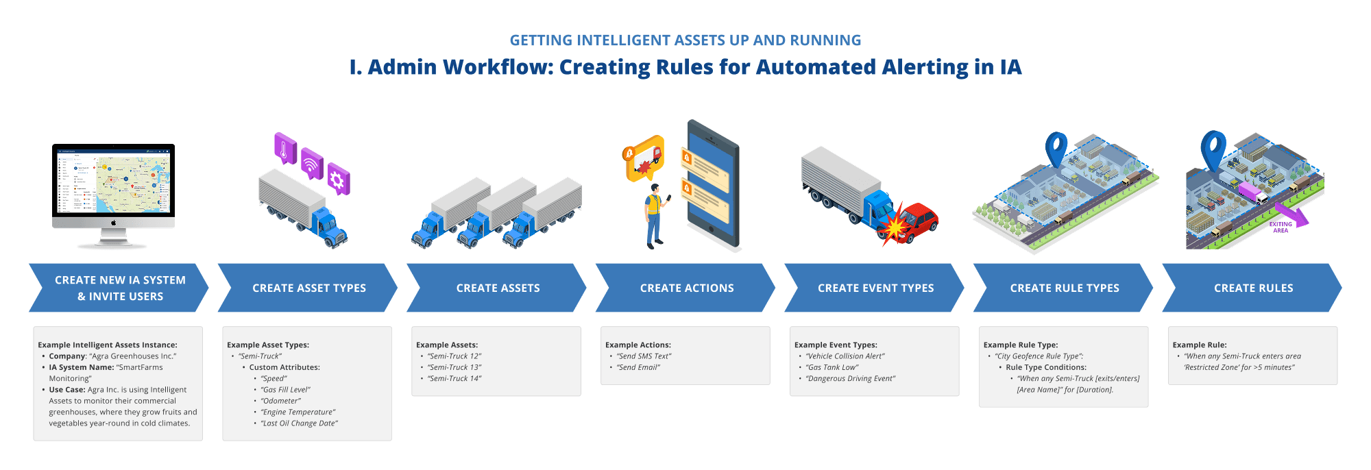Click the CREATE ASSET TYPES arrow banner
click(308, 288)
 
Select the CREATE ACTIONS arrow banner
click(686, 288)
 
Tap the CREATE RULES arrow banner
click(1253, 288)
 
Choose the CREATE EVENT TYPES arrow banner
click(875, 288)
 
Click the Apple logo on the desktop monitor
click(114, 223)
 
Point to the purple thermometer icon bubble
click(284, 147)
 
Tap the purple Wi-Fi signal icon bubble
click(312, 164)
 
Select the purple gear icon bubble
click(337, 180)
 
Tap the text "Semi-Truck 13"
click(454, 367)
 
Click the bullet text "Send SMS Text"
click(644, 356)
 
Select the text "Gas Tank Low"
click(832, 367)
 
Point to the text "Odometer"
click(280, 401)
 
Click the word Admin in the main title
click(402, 67)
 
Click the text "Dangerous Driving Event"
click(851, 379)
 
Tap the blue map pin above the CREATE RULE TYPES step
click(1056, 149)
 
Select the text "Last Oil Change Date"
click(299, 423)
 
